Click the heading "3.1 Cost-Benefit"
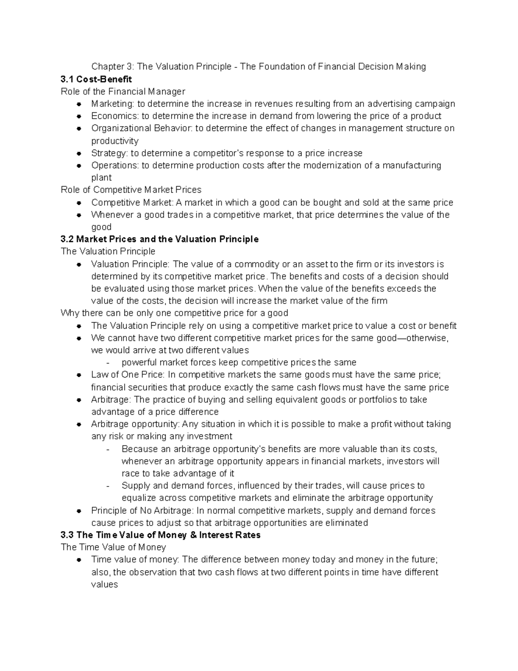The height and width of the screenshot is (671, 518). coord(96,79)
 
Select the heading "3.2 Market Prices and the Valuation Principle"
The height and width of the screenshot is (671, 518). coord(160,239)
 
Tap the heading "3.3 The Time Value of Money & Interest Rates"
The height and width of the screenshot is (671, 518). coord(161,535)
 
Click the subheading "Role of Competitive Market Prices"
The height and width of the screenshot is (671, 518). coord(131,190)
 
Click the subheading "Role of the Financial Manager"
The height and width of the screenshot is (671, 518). coord(123,91)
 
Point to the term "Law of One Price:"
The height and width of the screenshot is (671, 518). coord(128,375)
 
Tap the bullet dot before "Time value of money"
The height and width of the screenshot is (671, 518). coord(79,560)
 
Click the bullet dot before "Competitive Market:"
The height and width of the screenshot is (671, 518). coord(79,203)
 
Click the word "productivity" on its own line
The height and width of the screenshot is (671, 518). coord(115,141)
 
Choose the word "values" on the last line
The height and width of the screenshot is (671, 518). coord(104,585)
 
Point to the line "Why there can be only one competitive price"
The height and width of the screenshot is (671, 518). coord(174,313)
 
